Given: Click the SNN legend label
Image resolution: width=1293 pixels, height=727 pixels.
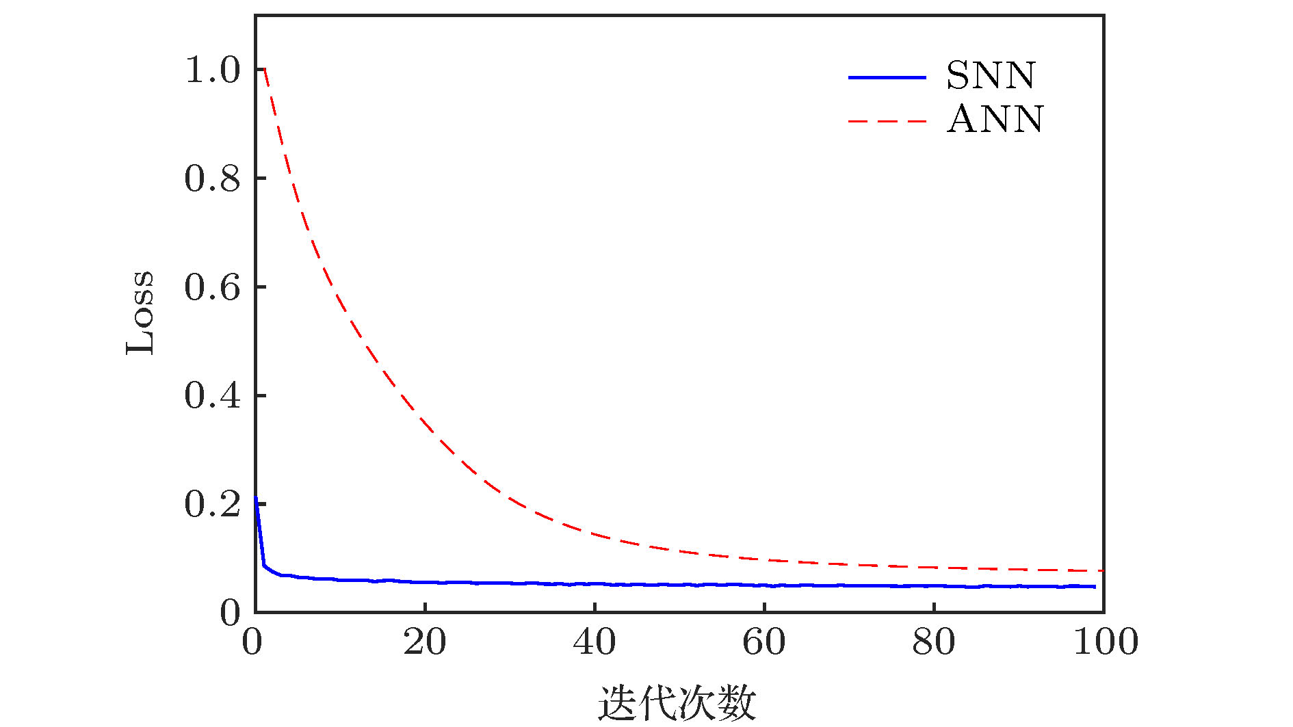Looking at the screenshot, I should coord(991,75).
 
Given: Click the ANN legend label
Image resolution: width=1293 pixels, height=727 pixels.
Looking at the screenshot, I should coord(995,120).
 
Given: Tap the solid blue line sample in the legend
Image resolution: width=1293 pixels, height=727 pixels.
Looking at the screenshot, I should coord(887,77).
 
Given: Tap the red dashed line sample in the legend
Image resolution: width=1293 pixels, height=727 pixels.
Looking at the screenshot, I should coord(887,122).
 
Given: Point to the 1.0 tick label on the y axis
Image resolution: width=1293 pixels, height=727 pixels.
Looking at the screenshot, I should coord(213,70).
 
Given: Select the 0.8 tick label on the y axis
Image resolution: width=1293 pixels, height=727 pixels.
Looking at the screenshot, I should coord(213,179).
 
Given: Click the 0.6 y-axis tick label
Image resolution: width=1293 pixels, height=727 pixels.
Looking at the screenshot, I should coord(213,287).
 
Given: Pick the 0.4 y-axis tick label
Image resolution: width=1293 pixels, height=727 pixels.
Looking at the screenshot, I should coord(213,396).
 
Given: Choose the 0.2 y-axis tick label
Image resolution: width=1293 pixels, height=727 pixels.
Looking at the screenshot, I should coord(213,505).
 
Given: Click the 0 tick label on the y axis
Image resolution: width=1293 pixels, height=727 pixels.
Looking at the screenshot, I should coord(230,613).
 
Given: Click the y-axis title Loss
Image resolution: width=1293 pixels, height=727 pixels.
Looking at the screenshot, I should coord(141,313).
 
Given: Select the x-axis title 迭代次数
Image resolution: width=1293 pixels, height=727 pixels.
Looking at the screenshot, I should coord(677,703).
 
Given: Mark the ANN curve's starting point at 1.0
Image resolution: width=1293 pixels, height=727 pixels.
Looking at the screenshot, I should coord(264,69).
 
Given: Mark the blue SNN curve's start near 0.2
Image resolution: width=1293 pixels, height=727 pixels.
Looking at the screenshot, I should coord(256,498).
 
